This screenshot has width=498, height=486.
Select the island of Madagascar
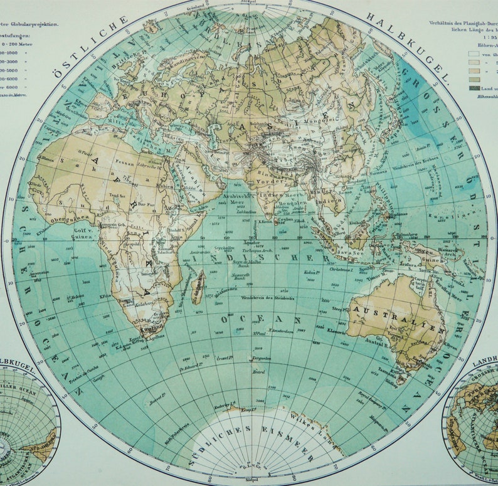pos(198,286)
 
